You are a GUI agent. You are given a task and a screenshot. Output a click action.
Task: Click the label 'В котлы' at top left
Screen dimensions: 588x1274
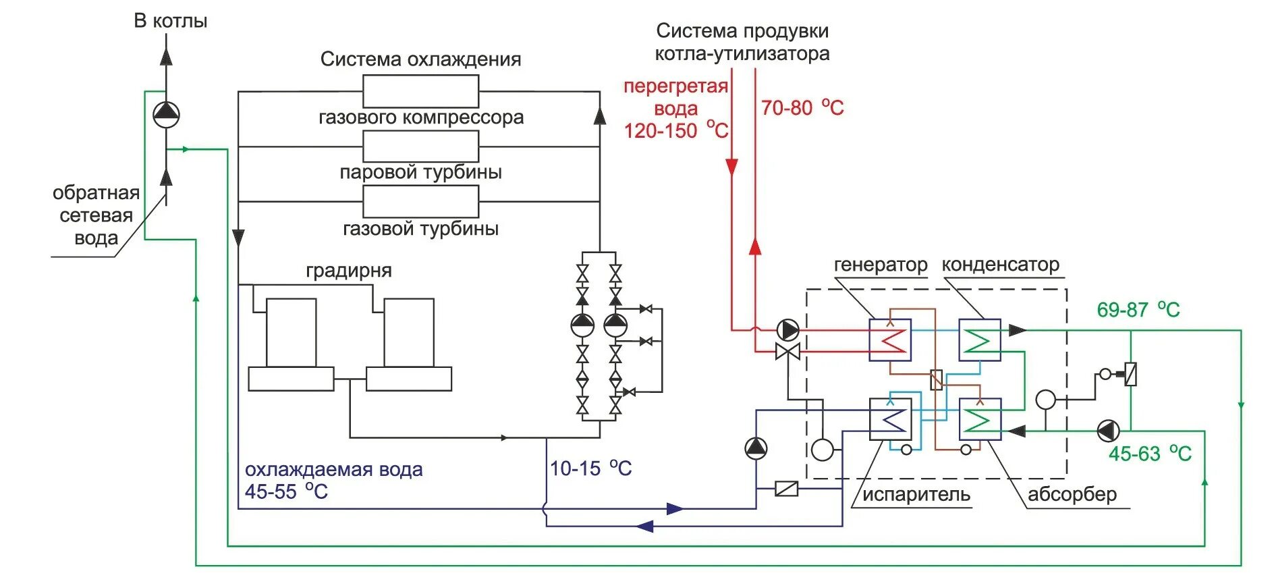[x=170, y=21]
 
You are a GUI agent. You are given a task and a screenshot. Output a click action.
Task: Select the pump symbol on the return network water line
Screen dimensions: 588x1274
[x=166, y=115]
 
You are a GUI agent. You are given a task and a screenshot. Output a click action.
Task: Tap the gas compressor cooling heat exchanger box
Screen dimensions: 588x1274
[x=420, y=91]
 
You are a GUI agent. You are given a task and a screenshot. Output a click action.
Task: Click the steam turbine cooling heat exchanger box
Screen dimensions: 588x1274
[x=420, y=146]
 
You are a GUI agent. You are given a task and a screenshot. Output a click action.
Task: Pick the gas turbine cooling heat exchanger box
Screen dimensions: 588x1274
[x=420, y=201]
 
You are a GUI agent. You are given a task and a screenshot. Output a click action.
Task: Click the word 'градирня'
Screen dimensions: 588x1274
[x=348, y=271]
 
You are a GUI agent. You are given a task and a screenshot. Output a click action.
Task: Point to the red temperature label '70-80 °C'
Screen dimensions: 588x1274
[x=802, y=108]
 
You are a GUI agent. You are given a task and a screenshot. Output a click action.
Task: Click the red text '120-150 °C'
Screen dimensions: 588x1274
[x=675, y=130]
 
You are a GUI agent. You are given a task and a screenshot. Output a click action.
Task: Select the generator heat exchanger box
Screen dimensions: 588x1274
[x=890, y=340]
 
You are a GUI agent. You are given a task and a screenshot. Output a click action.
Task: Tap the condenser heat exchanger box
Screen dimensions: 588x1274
[x=979, y=340]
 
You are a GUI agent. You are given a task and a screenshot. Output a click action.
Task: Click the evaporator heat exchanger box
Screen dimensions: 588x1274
[x=890, y=419]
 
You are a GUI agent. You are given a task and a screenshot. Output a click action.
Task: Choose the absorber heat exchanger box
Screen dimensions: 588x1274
[x=979, y=419]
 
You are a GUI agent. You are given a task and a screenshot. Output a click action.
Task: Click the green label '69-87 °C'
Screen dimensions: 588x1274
[x=1138, y=310]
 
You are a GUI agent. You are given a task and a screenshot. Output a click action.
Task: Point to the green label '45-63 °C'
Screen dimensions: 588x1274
[x=1149, y=454]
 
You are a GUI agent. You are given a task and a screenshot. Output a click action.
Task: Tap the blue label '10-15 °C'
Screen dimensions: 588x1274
[x=590, y=469]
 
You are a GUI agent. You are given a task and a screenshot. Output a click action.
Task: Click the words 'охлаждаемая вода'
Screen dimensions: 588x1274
[x=333, y=470]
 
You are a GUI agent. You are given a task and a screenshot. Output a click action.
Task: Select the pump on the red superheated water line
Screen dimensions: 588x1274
[x=787, y=330]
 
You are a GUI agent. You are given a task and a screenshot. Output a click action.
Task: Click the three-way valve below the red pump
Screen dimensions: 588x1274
[x=787, y=352]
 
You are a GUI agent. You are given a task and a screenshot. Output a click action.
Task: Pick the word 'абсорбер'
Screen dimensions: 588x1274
[x=1072, y=494]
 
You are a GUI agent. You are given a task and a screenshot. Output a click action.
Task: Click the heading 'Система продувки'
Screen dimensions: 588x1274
[x=742, y=31]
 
